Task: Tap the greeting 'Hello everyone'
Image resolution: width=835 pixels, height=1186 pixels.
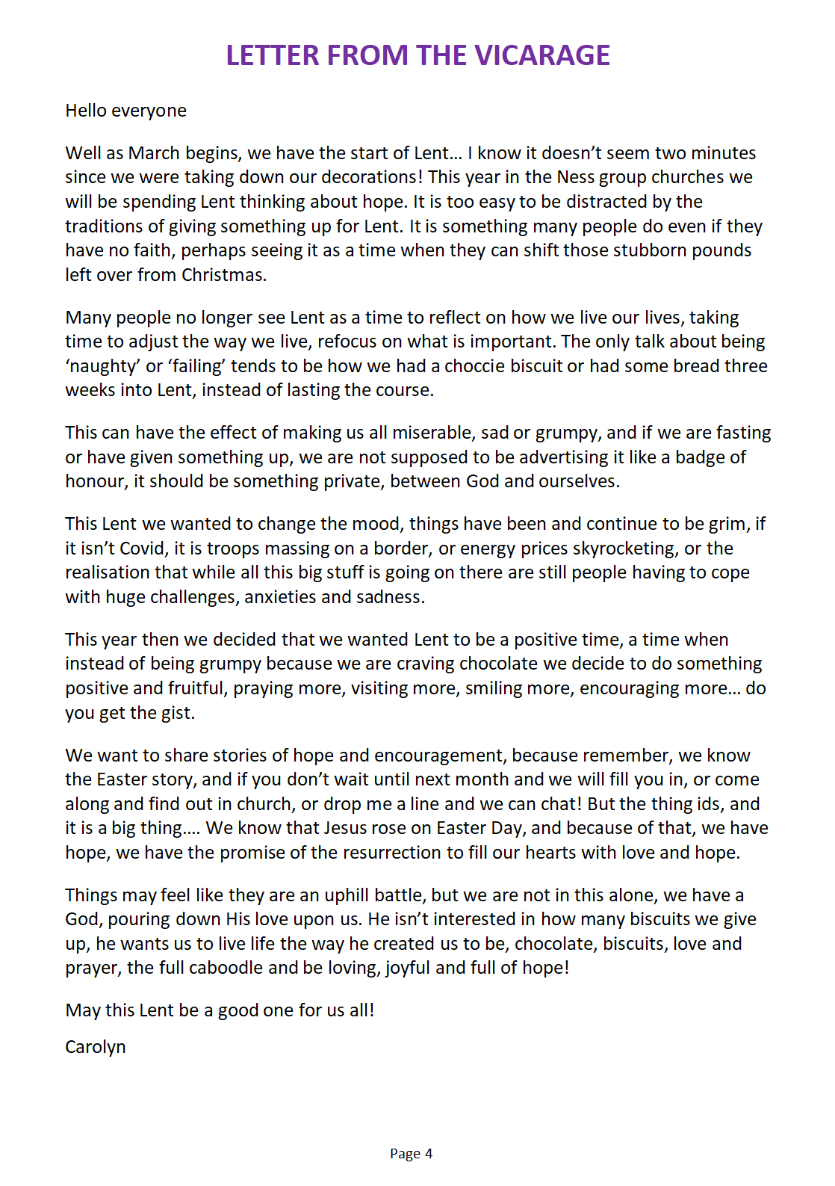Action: (125, 111)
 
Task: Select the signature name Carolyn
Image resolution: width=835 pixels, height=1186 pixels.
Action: (96, 1047)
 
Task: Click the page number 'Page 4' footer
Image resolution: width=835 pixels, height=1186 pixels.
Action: (411, 1154)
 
